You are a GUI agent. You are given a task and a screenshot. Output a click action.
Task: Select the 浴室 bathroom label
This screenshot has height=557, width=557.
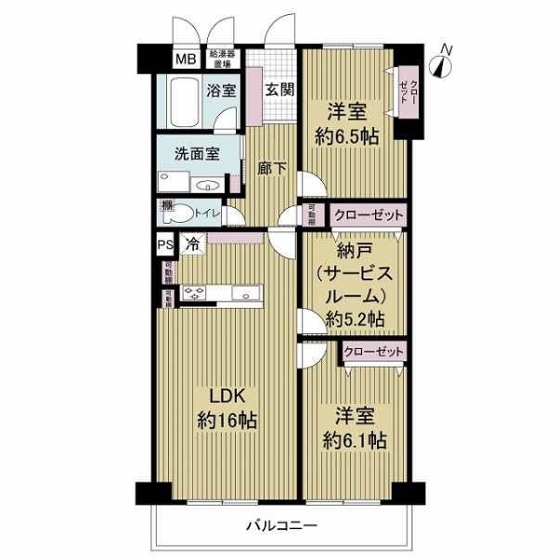(220, 91)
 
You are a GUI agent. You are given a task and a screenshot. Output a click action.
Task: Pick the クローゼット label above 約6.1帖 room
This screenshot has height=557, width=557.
(374, 352)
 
